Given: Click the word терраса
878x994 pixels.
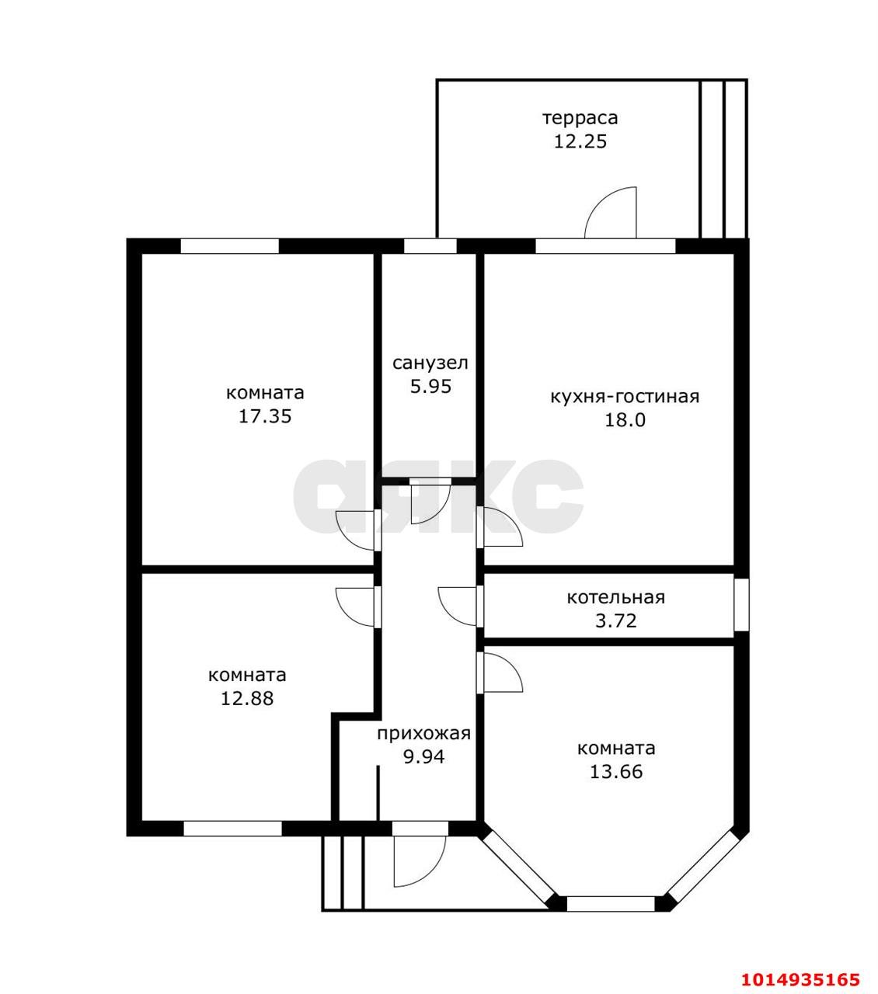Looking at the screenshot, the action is [x=580, y=118].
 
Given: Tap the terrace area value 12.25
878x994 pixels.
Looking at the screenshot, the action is [x=580, y=141].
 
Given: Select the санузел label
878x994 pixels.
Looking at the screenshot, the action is [x=430, y=363].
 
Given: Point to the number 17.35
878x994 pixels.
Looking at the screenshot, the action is [x=265, y=416].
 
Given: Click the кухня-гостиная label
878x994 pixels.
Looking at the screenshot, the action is [x=625, y=396].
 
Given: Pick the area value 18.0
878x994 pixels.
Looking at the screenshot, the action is [x=625, y=419].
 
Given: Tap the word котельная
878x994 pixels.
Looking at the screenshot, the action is [x=616, y=597].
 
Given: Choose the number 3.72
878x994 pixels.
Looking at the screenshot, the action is [x=616, y=620].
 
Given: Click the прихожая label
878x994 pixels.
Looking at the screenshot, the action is [x=423, y=734].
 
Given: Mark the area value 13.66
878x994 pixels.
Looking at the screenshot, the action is [x=616, y=772].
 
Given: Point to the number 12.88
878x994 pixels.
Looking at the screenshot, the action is [x=247, y=698].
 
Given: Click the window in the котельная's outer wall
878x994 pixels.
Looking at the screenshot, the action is [x=741, y=604].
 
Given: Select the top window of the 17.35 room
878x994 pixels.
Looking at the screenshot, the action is [x=229, y=246].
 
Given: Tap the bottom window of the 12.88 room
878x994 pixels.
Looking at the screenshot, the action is [x=232, y=829].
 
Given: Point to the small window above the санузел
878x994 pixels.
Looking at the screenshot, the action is [x=430, y=246].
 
